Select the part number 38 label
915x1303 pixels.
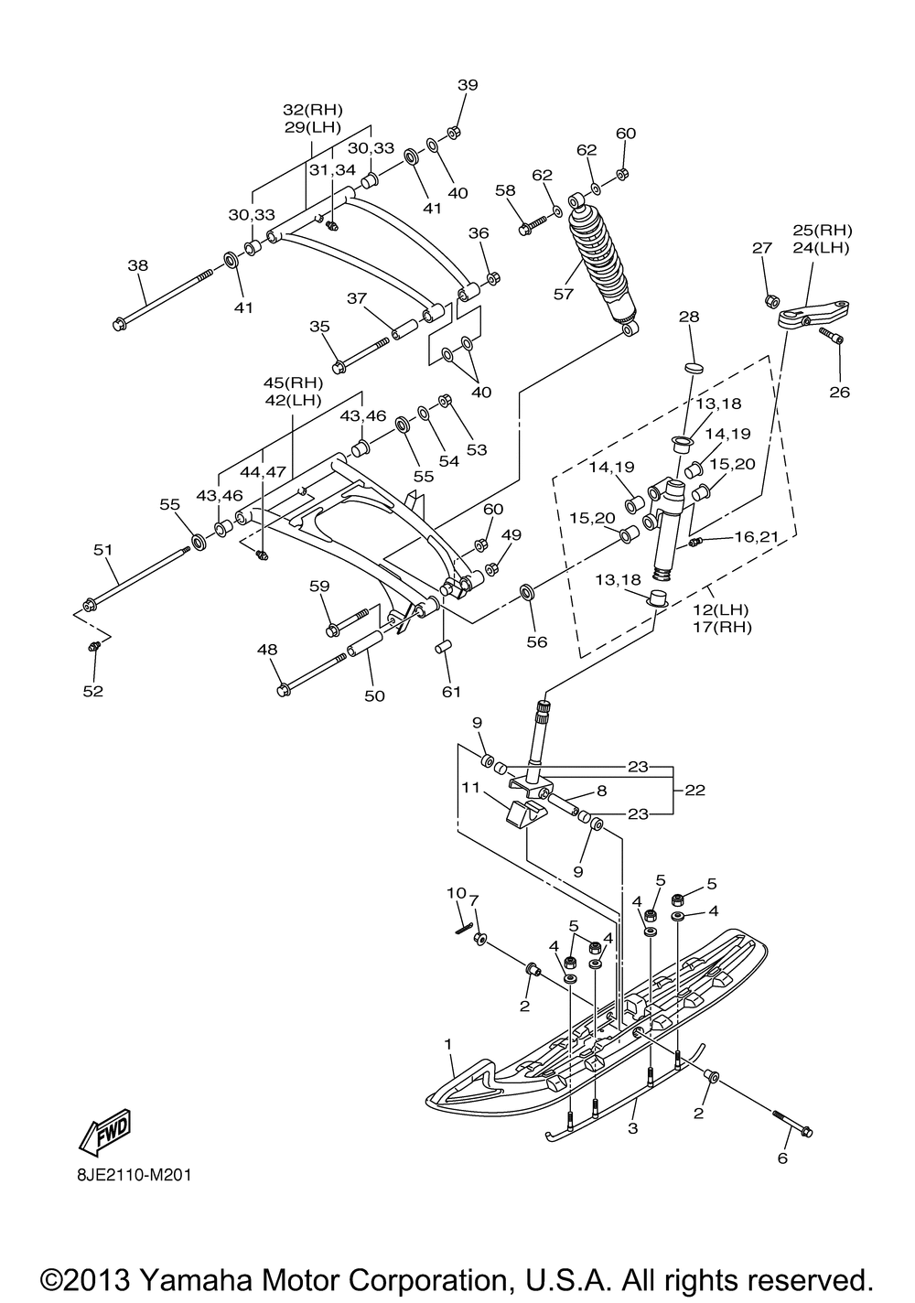point(137,265)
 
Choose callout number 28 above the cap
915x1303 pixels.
point(688,317)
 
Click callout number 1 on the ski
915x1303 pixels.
point(448,1043)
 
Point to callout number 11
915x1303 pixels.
point(469,788)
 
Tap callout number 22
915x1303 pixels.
point(695,790)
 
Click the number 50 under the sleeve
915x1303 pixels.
point(374,695)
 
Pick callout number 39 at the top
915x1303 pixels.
point(468,85)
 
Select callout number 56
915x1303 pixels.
point(536,641)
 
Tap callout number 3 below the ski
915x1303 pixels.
point(633,1129)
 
